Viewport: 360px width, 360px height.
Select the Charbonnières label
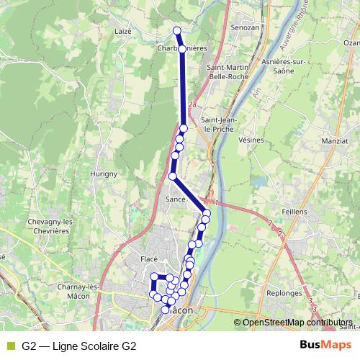pos(181,48)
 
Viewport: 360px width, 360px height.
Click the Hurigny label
pos(104,174)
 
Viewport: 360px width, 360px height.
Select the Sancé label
pos(176,199)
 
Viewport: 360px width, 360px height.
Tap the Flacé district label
pos(150,259)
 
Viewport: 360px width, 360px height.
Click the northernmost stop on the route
pos(177,30)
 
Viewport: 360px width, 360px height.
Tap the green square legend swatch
pos(10,346)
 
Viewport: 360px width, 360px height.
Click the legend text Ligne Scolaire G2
pos(79,346)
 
